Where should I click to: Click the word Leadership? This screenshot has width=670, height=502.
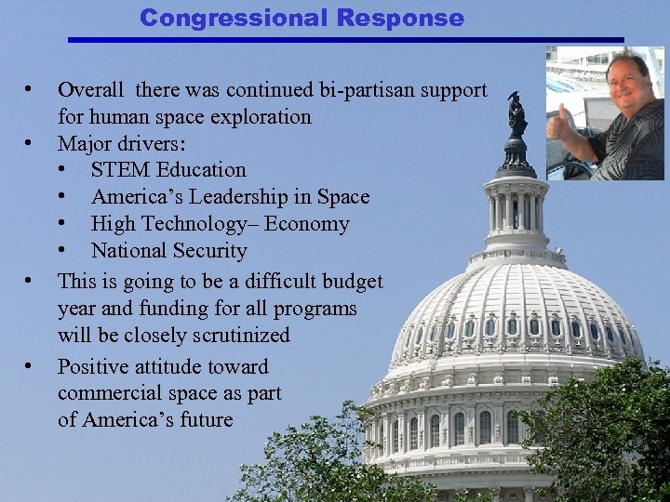(235, 197)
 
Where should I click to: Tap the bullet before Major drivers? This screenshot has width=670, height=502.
(31, 144)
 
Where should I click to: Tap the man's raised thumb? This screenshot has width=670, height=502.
(560, 118)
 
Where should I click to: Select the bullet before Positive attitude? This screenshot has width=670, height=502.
(31, 366)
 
